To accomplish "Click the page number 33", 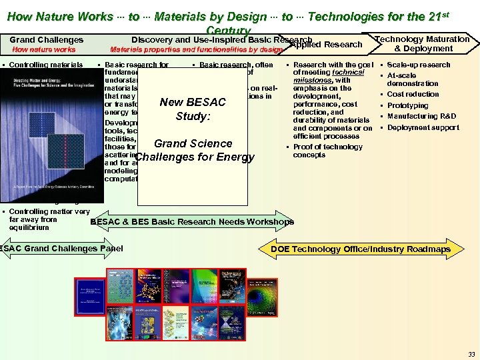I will (471, 353).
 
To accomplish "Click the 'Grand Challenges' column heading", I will (47, 40).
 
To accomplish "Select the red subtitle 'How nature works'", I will (45, 49).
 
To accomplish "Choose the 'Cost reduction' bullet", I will (413, 95).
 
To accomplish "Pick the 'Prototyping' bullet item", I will (407, 105).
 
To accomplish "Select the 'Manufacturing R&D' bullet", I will (421, 116).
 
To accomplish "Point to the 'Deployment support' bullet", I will (423, 127).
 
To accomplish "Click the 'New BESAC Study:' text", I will (193, 109).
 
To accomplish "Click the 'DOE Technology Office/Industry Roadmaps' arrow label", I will (361, 249).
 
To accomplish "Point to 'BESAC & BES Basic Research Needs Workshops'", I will (191, 222).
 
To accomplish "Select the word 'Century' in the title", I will (228, 31).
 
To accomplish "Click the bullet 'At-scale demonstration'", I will (413, 79).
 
